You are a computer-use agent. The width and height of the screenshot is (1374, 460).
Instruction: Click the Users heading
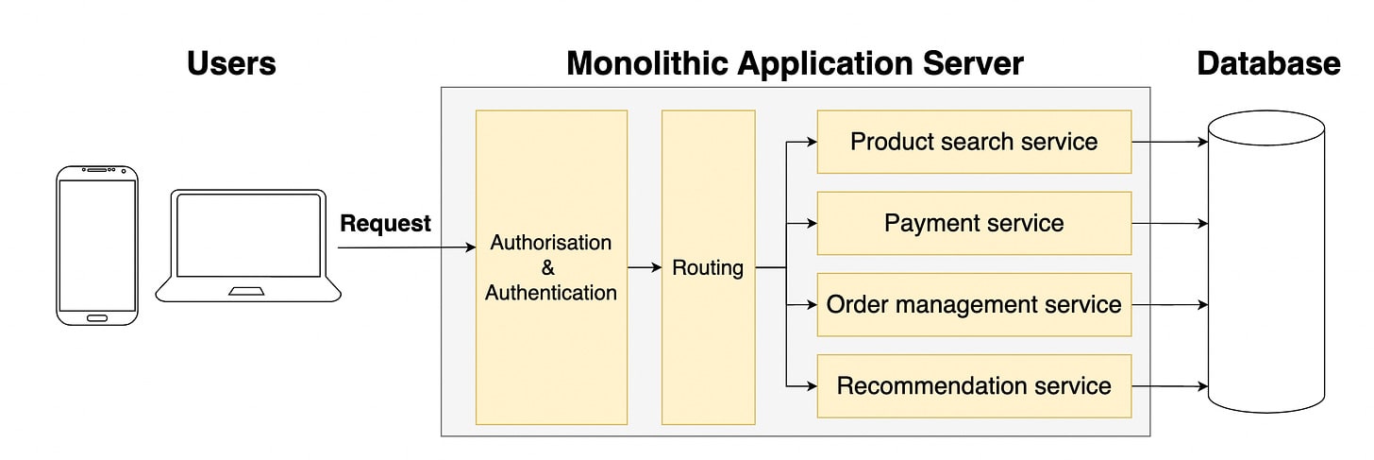(x=231, y=63)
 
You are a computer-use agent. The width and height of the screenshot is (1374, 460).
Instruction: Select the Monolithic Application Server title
(x=795, y=63)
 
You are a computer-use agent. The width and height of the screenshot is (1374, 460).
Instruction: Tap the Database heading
(x=1268, y=63)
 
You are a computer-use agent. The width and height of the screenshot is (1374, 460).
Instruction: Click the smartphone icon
(x=97, y=245)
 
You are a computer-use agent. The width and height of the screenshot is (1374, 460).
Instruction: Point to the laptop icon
(x=248, y=246)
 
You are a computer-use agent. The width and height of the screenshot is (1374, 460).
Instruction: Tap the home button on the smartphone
(x=97, y=317)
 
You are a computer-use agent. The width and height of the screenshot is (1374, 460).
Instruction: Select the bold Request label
(x=385, y=224)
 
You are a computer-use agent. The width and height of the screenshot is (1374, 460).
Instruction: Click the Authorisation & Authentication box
(x=551, y=267)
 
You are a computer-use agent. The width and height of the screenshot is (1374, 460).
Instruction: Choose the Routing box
(x=708, y=267)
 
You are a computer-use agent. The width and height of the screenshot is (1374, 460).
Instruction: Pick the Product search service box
(x=973, y=142)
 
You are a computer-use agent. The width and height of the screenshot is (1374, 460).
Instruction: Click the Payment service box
(x=973, y=223)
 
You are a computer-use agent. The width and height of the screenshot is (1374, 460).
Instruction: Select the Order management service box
(x=973, y=304)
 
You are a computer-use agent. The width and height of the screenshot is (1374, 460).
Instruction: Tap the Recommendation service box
(x=973, y=385)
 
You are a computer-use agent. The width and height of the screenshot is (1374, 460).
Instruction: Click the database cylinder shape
(x=1266, y=264)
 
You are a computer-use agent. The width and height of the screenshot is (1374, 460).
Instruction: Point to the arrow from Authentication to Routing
(x=645, y=267)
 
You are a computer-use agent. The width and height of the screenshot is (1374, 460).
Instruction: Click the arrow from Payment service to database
(x=1169, y=224)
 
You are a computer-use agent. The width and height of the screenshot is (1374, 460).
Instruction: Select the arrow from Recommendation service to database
(x=1169, y=386)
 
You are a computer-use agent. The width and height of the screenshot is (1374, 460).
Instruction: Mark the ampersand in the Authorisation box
(x=549, y=268)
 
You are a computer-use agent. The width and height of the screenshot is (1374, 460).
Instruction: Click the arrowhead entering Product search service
(x=811, y=143)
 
